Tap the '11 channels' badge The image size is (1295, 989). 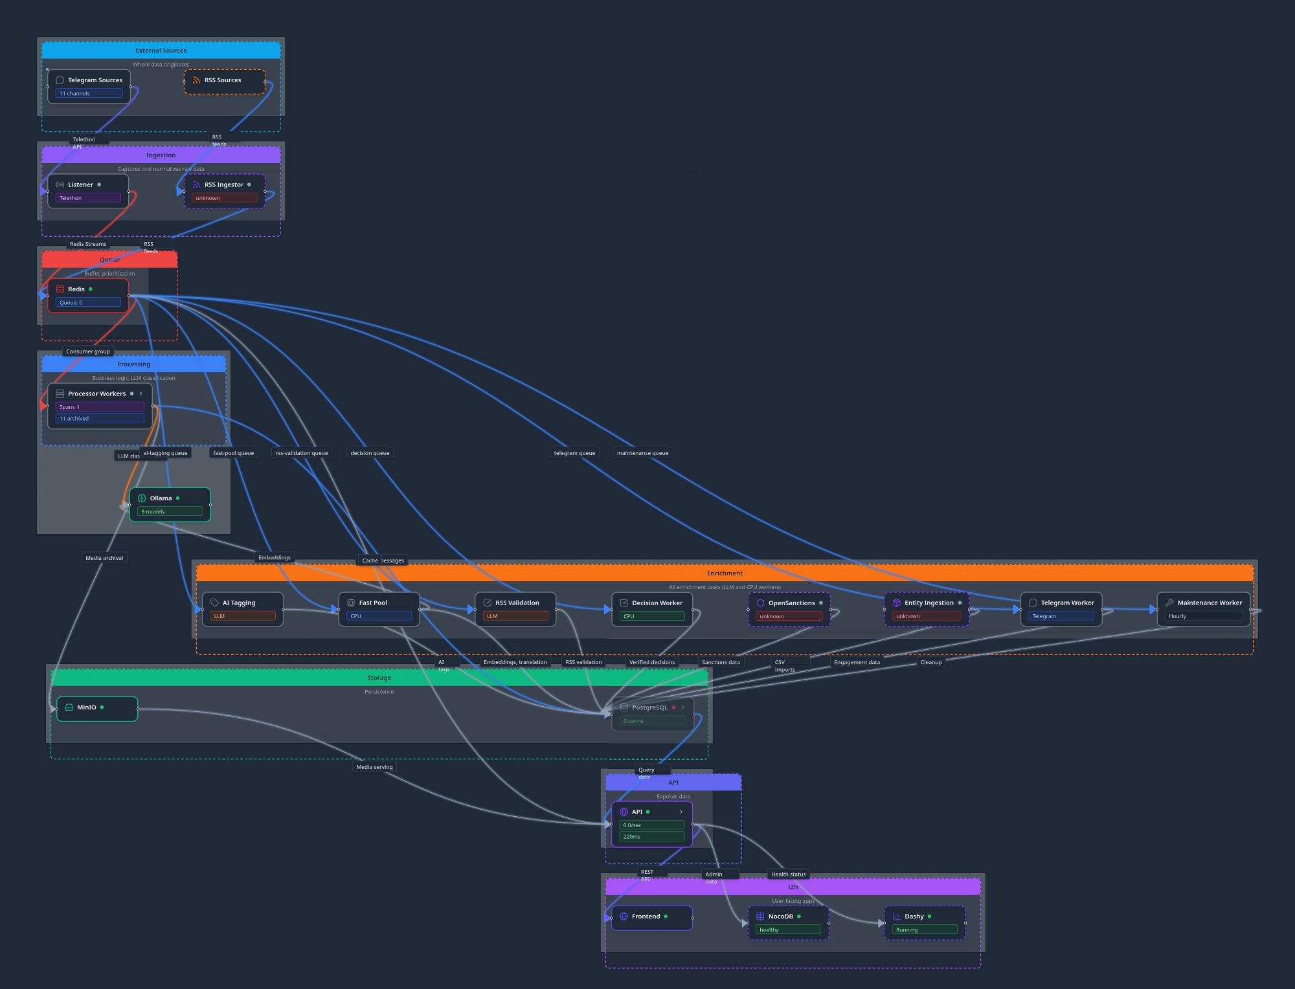pyautogui.click(x=89, y=93)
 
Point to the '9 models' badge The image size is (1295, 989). pyautogui.click(x=170, y=511)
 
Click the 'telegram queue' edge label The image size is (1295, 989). pyautogui.click(x=574, y=453)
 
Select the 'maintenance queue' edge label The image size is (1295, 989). pyautogui.click(x=642, y=453)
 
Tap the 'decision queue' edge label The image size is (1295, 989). pyautogui.click(x=370, y=453)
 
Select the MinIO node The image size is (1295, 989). pyautogui.click(x=97, y=708)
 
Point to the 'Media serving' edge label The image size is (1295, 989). pyautogui.click(x=374, y=767)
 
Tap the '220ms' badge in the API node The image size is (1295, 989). pyautogui.click(x=651, y=836)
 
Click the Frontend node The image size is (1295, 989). pyautogui.click(x=651, y=917)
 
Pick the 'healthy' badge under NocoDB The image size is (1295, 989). pyautogui.click(x=787, y=930)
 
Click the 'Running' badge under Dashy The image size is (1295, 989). pyautogui.click(x=924, y=930)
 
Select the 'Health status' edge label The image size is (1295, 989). pyautogui.click(x=788, y=874)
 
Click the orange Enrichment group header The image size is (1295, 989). pyautogui.click(x=725, y=573)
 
